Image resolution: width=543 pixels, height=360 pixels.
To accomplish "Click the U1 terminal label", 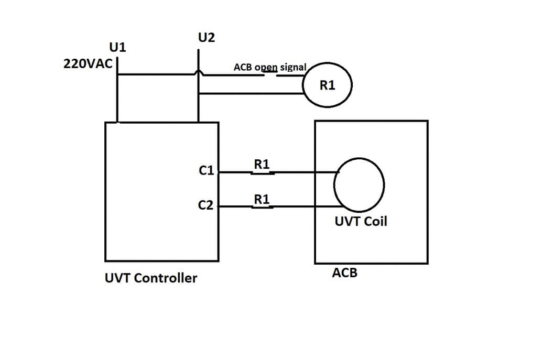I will [x=117, y=48].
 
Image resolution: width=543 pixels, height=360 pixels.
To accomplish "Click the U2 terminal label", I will [x=206, y=38].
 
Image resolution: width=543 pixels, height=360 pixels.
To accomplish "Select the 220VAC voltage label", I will [x=88, y=64].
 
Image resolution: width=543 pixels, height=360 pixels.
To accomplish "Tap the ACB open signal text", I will [x=270, y=68].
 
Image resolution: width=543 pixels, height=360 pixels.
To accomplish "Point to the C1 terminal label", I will [x=206, y=170].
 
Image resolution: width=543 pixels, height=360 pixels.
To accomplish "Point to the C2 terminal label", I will [x=206, y=205].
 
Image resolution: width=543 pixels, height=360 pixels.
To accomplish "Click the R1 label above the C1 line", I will [x=262, y=164].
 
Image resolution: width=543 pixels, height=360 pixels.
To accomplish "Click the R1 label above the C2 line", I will [x=262, y=199].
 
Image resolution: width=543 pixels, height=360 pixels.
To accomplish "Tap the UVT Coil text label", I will [x=361, y=222].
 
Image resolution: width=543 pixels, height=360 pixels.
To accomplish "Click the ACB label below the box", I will [x=345, y=273].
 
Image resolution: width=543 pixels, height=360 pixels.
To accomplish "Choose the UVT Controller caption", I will [x=151, y=278].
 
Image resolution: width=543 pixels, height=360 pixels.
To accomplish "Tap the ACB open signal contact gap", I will [x=270, y=74].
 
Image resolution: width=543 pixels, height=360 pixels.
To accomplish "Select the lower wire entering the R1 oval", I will [x=252, y=94].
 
